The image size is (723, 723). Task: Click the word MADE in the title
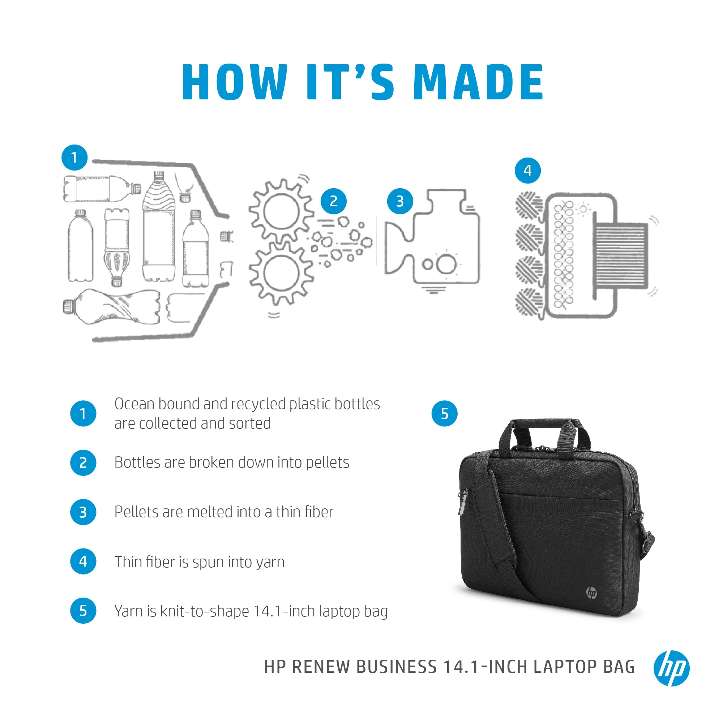(x=478, y=82)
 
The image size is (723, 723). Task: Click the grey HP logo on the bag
(x=591, y=593)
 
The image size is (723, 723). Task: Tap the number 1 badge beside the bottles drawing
(x=74, y=158)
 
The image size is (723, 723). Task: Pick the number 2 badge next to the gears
(x=333, y=201)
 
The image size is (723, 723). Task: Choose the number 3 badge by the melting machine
(x=400, y=201)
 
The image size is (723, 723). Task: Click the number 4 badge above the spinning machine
(x=527, y=171)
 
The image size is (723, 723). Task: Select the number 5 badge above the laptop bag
(x=444, y=413)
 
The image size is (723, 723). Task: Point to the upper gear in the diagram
(x=281, y=211)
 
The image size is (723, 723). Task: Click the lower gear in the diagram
(x=281, y=273)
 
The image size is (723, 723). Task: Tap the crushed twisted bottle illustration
(x=112, y=307)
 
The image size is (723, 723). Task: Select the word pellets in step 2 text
(x=327, y=462)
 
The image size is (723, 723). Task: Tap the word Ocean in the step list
(x=134, y=404)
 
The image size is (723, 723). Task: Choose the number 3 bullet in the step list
(x=83, y=512)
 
